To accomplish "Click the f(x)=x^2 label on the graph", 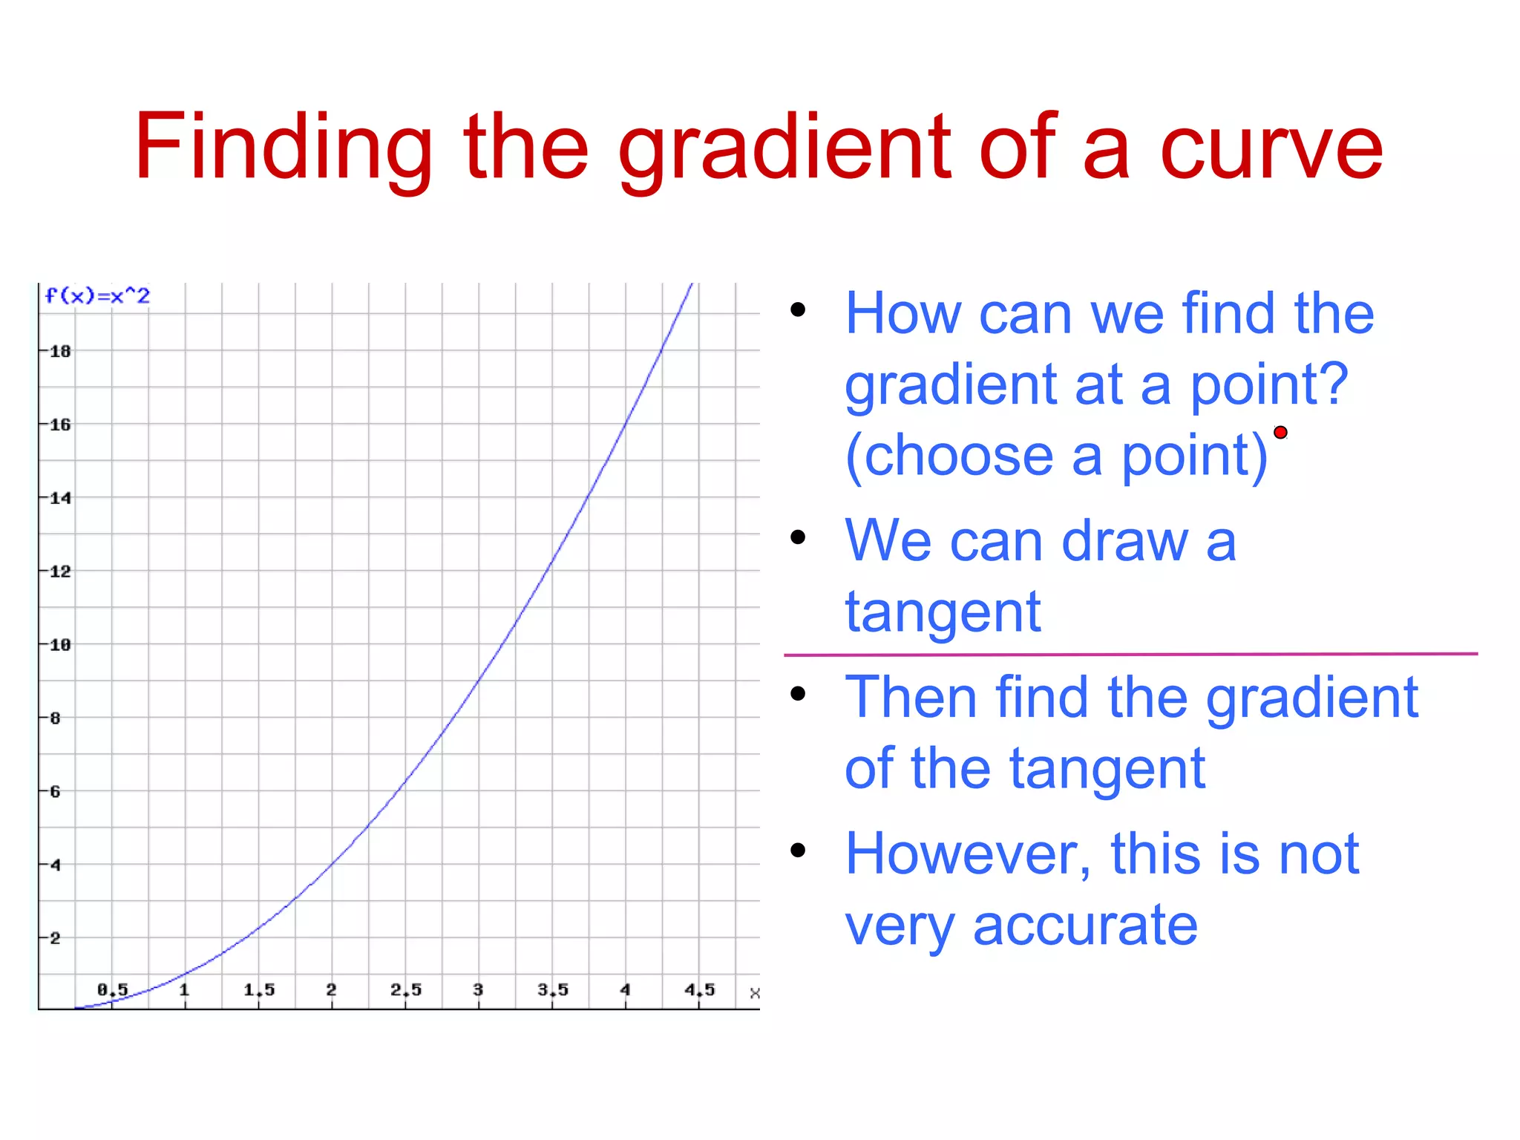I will [x=97, y=296].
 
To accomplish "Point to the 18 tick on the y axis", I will [x=60, y=351].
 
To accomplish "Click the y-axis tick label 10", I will [x=60, y=645].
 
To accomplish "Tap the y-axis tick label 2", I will [x=55, y=938].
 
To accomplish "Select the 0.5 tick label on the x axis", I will [x=113, y=989].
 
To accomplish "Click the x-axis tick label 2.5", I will [x=406, y=989].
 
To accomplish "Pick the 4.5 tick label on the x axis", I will [x=699, y=989].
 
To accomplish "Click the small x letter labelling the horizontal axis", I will [x=755, y=993].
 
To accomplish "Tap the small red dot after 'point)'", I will [x=1280, y=433].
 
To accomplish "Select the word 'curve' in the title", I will [x=1271, y=148].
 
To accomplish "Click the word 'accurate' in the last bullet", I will [x=1085, y=926].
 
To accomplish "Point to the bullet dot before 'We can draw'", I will [x=798, y=537].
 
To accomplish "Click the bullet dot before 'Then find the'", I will [x=798, y=694].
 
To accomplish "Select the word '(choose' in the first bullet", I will [x=949, y=456].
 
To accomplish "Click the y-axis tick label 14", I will [x=60, y=498].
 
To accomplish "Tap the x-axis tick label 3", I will [x=478, y=989].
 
